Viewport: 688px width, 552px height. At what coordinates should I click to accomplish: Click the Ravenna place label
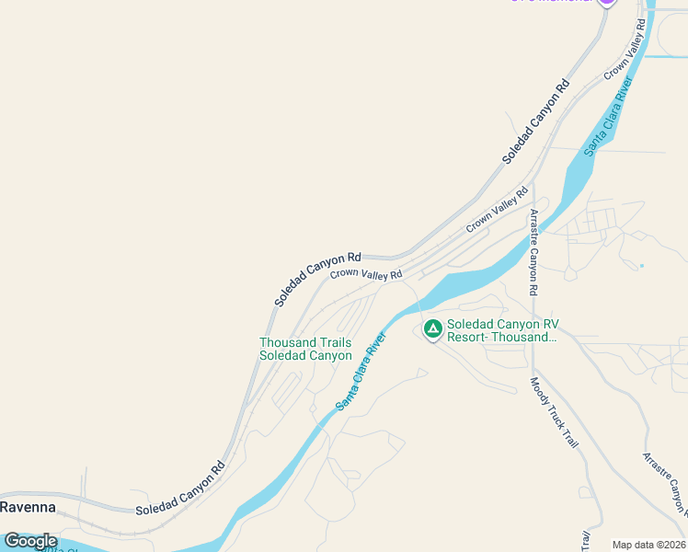coord(28,507)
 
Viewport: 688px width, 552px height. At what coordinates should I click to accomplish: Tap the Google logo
coord(30,541)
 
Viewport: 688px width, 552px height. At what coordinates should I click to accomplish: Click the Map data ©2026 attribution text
coord(648,544)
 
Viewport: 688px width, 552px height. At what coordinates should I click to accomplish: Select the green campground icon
coord(432,328)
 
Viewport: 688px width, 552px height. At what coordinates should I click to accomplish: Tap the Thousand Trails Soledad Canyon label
coord(305,349)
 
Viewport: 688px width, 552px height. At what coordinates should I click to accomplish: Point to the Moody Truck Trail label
coord(555,412)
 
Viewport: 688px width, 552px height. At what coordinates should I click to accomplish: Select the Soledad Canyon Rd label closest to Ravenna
coord(180,488)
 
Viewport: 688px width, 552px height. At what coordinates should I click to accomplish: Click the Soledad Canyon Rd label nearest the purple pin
coord(536,121)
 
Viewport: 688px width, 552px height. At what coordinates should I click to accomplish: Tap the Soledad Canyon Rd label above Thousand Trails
coord(317,279)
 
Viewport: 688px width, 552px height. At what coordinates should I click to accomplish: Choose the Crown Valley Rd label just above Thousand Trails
coord(366,273)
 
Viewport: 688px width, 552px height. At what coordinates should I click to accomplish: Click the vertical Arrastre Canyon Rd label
coord(533,252)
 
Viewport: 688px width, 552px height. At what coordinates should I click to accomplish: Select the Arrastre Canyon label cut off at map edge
coord(665,485)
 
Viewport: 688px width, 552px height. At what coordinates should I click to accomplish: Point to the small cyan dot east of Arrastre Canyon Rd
coord(641,266)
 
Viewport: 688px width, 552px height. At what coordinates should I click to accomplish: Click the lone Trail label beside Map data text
coord(586,541)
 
